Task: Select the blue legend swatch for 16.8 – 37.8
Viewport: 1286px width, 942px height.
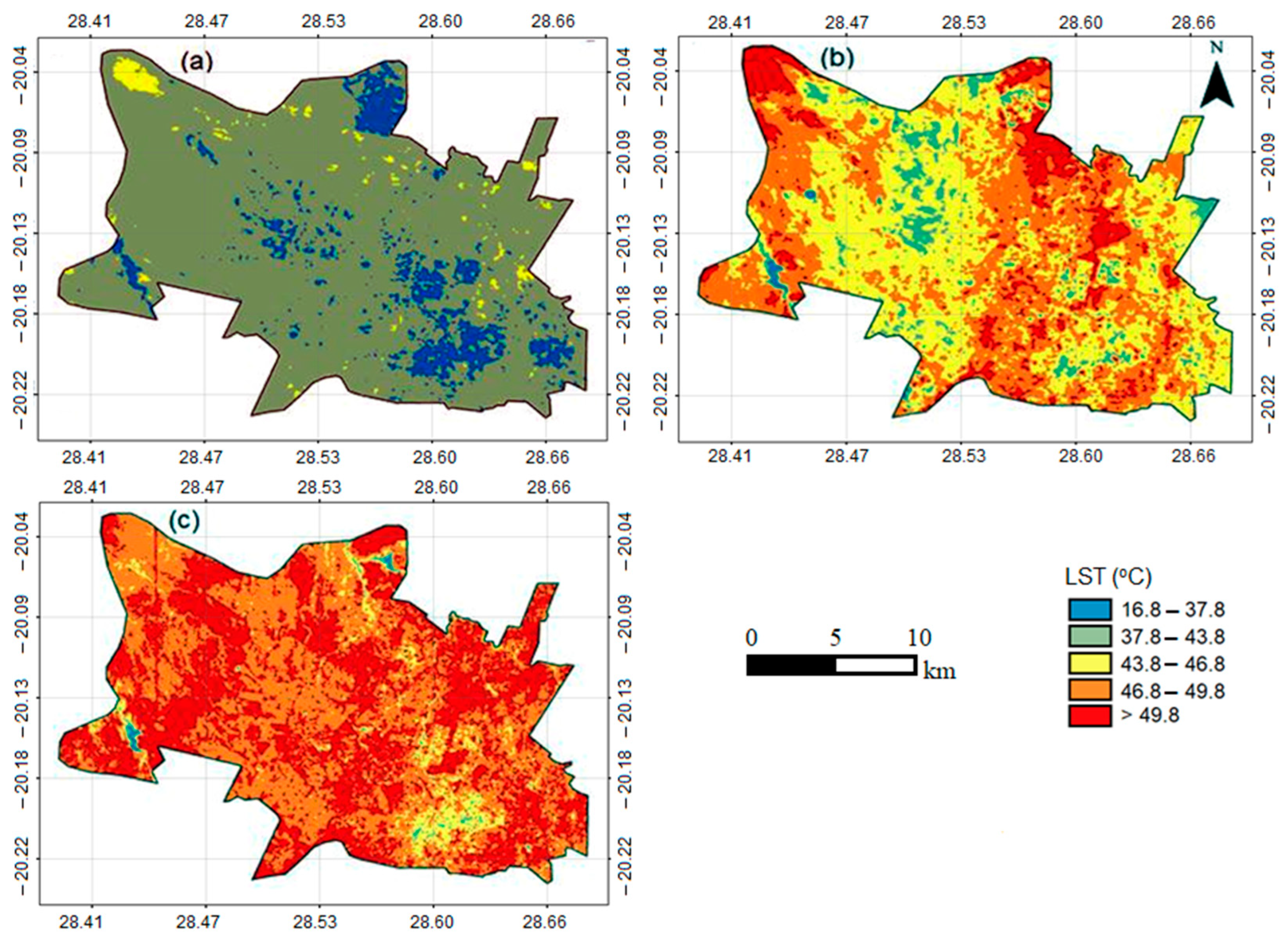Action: tap(1089, 610)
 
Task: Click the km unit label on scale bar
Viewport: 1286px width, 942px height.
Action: tap(939, 671)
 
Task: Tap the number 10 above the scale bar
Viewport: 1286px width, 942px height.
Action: tap(919, 637)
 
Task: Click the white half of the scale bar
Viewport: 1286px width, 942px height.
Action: tap(875, 665)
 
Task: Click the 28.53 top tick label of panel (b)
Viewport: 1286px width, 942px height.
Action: tap(963, 23)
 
